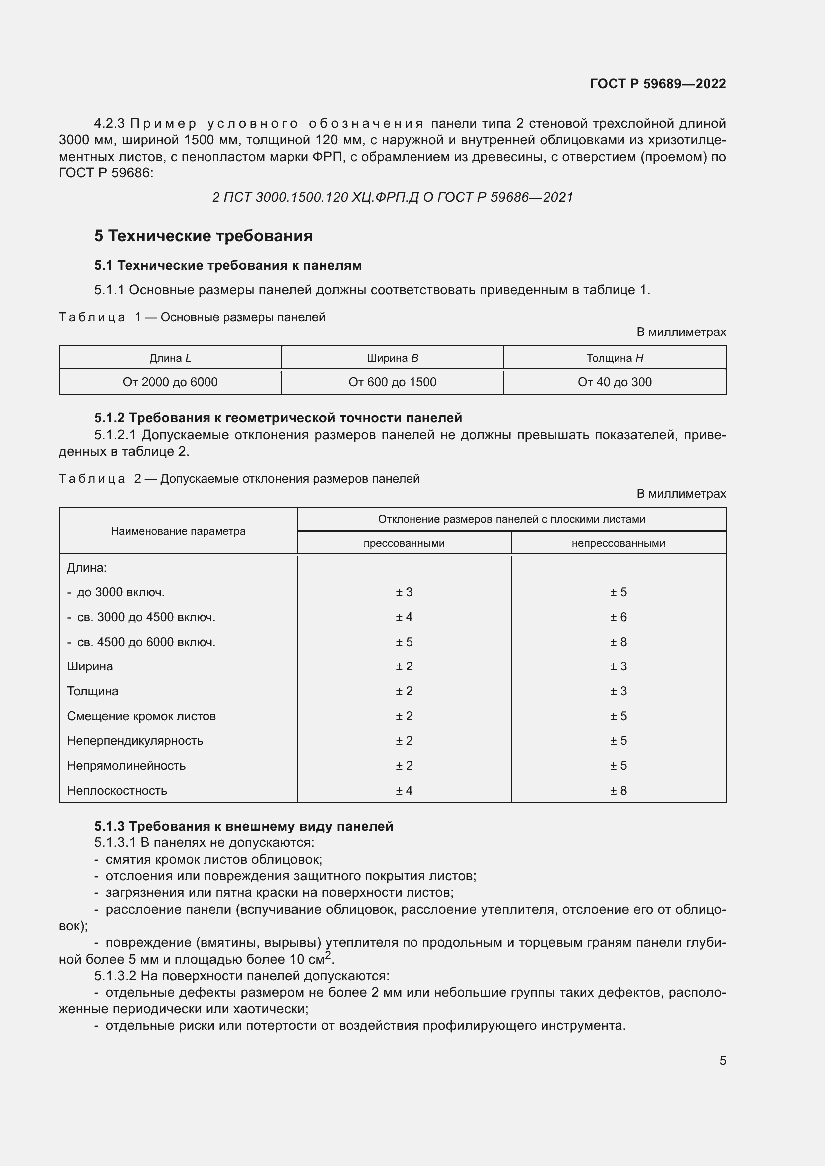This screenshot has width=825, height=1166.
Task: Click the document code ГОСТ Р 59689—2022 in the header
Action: [x=657, y=84]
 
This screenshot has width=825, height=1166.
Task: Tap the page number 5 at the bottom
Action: [x=722, y=1060]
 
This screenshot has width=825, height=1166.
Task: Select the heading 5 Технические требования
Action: [x=203, y=236]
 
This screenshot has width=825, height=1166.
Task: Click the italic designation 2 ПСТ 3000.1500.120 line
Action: [x=392, y=197]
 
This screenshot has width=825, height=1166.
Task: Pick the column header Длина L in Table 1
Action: [x=170, y=358]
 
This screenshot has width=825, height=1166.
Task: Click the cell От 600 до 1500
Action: [x=392, y=382]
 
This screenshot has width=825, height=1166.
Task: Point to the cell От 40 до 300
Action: [x=614, y=382]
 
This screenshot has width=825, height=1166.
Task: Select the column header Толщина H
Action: [x=614, y=358]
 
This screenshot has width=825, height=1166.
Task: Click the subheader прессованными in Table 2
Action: [x=404, y=543]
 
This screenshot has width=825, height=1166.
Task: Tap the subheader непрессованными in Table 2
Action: [x=618, y=543]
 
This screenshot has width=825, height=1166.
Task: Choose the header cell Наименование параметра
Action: [x=178, y=531]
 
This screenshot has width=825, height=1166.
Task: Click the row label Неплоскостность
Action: [x=117, y=790]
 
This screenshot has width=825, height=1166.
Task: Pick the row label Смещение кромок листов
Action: [x=141, y=716]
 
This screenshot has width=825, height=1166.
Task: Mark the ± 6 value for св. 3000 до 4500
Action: [x=618, y=617]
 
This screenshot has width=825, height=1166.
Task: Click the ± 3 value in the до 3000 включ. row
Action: [x=404, y=592]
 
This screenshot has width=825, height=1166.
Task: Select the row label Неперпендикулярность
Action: [x=135, y=740]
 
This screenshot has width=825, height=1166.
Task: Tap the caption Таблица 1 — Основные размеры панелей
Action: [x=192, y=318]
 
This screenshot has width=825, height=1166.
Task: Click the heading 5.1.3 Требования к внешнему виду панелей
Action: [x=243, y=826]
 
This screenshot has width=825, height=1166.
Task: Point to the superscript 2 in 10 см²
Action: [x=328, y=955]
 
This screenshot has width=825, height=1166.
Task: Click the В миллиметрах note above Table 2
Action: [x=681, y=494]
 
